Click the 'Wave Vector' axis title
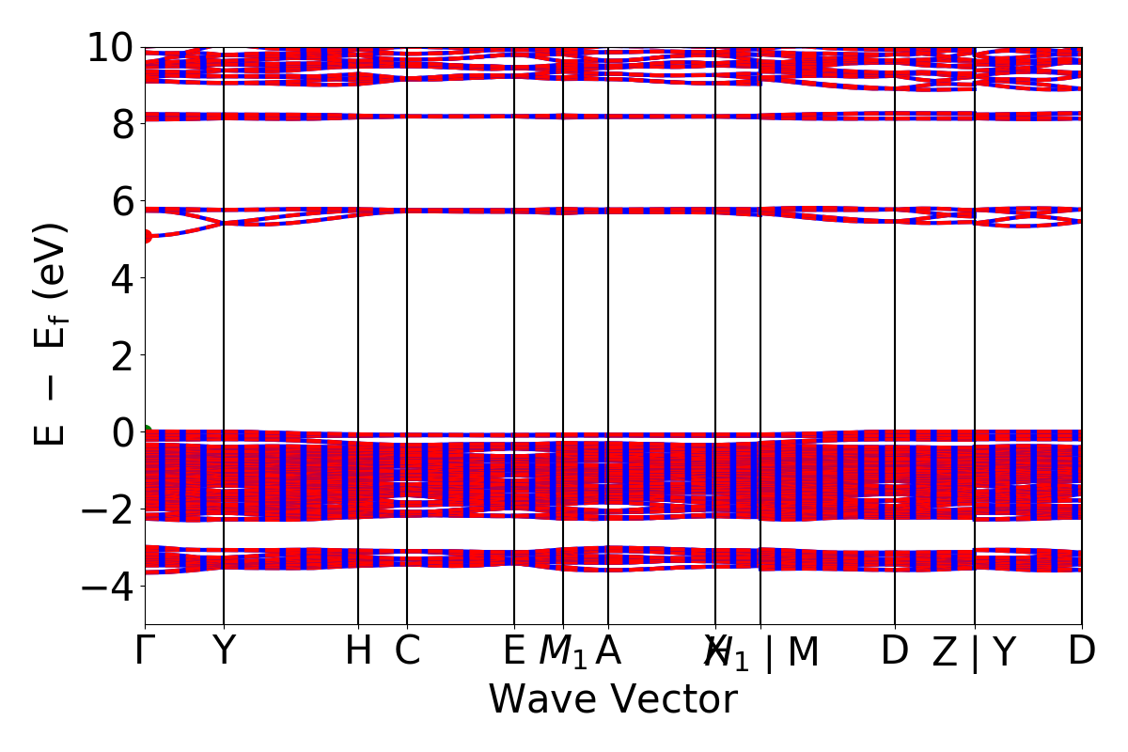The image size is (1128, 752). click(x=613, y=700)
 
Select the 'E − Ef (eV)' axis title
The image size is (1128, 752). click(x=52, y=334)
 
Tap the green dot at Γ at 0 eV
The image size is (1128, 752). click(x=146, y=432)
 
